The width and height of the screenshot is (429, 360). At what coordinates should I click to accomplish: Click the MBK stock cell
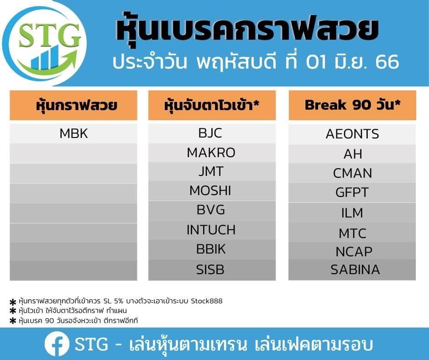73,134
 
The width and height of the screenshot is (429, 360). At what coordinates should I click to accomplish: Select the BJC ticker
210,133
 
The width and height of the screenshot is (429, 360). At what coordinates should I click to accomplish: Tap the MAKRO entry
211,153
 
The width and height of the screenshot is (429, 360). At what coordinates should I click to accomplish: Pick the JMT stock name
211,171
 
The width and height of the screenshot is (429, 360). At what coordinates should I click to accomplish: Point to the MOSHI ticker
210,191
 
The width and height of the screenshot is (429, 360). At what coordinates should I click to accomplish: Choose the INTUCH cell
211,230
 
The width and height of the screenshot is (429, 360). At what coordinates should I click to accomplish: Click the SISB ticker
210,270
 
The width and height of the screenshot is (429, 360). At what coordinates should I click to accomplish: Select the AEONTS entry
352,134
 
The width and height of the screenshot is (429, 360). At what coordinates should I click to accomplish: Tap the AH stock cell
353,154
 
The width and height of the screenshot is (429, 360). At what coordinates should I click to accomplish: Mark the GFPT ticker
352,192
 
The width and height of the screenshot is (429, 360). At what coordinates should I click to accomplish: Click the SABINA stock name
355,270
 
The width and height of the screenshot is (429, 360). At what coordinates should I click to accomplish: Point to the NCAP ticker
354,252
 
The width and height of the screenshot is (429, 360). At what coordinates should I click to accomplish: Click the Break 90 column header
352,105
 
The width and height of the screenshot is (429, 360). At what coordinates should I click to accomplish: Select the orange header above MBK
73,105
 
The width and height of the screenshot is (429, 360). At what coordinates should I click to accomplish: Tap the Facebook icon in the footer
57,344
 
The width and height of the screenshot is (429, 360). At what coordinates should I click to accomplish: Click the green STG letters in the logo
50,35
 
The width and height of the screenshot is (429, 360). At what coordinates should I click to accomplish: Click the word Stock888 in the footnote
207,301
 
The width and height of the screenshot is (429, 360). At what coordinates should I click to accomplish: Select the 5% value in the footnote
118,301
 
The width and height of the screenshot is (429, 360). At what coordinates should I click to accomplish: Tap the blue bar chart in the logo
46,58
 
